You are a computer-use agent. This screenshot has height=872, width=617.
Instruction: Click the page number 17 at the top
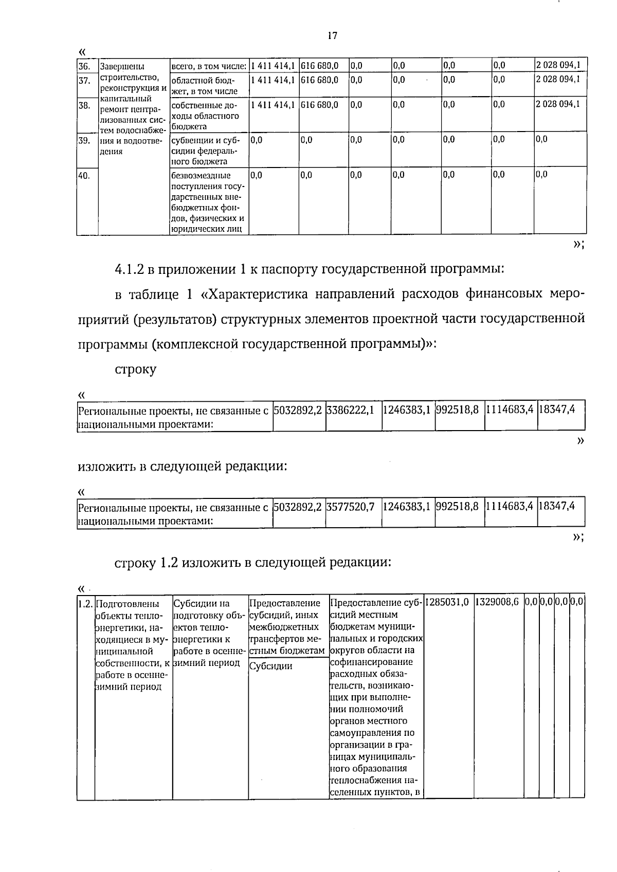coord(332,35)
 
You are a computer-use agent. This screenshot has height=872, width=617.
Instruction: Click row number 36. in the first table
coord(84,66)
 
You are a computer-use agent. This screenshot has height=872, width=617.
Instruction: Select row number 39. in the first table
coord(84,140)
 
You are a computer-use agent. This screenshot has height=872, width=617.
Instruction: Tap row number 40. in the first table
coord(84,175)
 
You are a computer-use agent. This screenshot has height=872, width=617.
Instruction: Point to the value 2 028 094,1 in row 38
coord(558,104)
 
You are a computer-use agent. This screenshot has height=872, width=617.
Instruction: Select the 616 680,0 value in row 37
coord(319,80)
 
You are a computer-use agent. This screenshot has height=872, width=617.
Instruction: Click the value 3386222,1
coord(350,410)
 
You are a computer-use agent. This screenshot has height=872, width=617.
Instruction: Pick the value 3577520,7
coord(350,507)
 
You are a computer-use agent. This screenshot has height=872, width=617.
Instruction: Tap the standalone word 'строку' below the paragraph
coord(135,369)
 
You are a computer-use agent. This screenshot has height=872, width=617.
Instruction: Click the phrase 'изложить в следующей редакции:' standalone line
coord(182,467)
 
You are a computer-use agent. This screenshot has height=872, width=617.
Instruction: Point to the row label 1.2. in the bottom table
coord(85,603)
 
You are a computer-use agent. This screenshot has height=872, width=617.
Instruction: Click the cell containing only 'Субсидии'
coord(270,666)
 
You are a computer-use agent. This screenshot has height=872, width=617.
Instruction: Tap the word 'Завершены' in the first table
coord(122,66)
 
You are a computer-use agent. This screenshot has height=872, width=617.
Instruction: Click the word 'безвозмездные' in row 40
coord(201,176)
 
